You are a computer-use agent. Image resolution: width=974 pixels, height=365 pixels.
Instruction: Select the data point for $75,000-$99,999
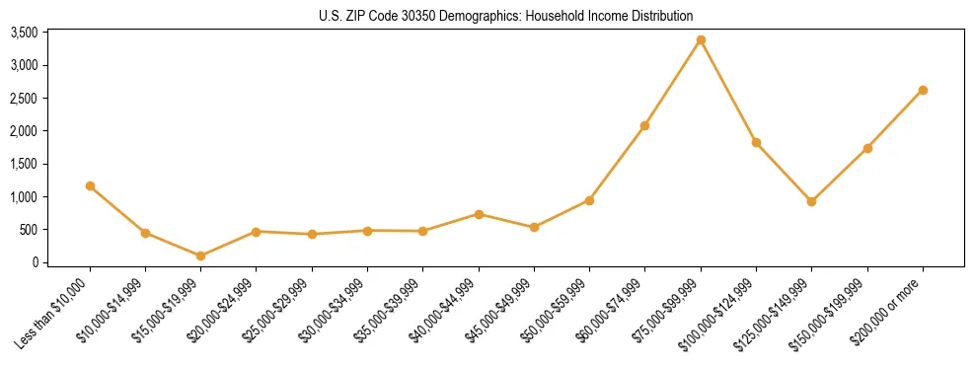(701, 40)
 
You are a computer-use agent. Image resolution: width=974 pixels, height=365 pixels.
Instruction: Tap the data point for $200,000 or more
(923, 90)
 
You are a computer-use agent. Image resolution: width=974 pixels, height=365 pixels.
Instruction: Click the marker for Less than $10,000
(90, 185)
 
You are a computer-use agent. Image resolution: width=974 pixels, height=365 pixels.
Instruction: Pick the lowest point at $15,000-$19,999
(201, 255)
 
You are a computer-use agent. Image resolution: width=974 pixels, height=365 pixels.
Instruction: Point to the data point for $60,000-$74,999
(644, 125)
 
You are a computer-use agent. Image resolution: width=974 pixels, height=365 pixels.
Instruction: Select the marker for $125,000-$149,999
(811, 201)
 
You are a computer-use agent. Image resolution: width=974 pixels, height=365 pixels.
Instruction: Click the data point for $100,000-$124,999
(756, 142)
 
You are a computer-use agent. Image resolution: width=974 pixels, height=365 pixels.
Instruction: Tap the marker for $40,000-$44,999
(479, 214)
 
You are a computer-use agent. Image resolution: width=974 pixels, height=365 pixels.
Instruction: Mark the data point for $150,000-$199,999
(867, 148)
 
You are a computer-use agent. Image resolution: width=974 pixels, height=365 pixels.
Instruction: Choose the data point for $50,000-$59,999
(589, 200)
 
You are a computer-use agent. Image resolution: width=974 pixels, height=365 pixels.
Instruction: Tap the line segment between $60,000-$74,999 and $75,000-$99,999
(673, 83)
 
